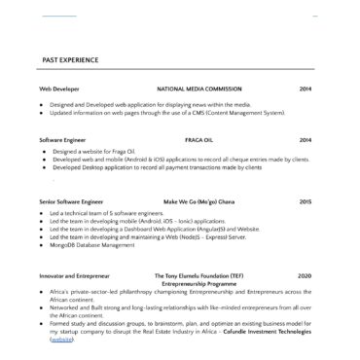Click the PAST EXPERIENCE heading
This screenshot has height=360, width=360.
[70, 60]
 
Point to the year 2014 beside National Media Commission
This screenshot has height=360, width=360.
[306, 89]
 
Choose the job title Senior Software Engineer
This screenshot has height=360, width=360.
[71, 201]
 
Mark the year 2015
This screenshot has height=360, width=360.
[306, 201]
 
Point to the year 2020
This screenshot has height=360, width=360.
[306, 276]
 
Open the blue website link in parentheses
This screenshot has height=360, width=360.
[61, 340]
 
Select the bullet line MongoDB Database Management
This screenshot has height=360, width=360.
[101, 245]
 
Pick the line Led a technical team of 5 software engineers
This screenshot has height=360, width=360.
[107, 213]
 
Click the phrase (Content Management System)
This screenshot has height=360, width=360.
[243, 113]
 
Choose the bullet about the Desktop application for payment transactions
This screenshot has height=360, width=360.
[156, 167]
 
